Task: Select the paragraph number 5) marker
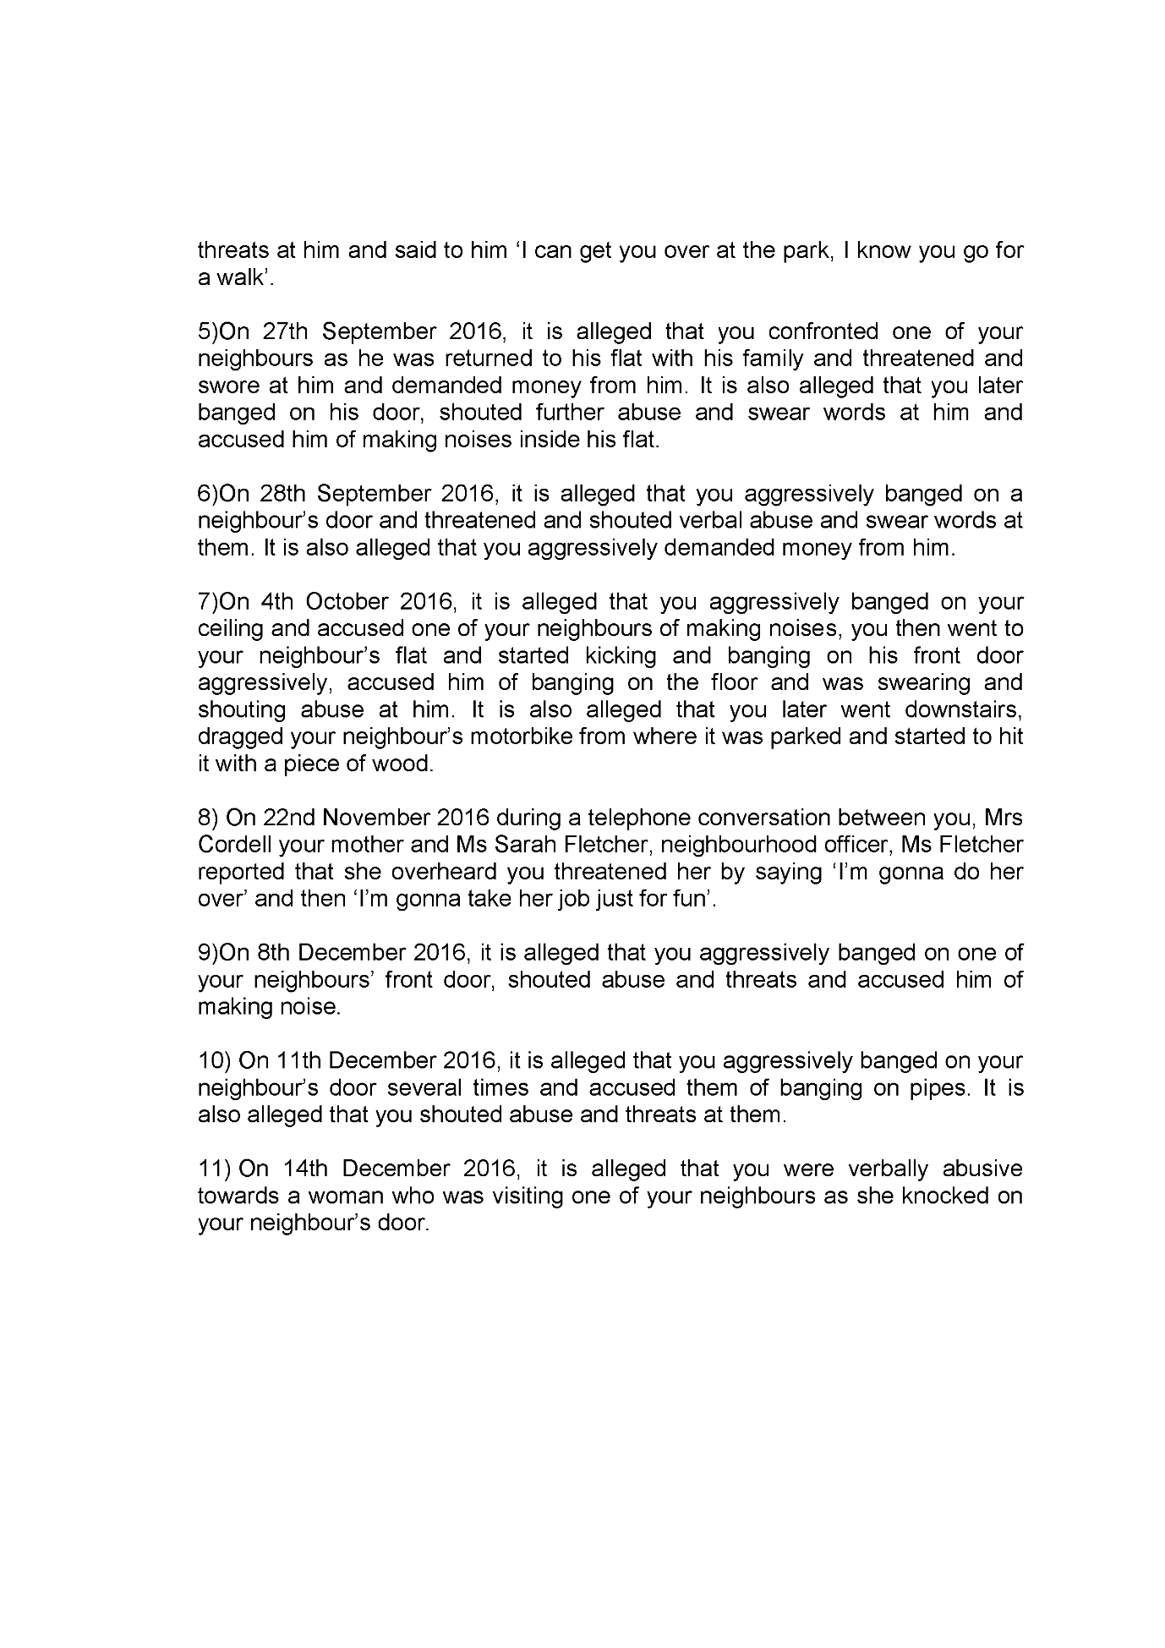(207, 331)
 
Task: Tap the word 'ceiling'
(226, 628)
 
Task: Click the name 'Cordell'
(231, 845)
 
